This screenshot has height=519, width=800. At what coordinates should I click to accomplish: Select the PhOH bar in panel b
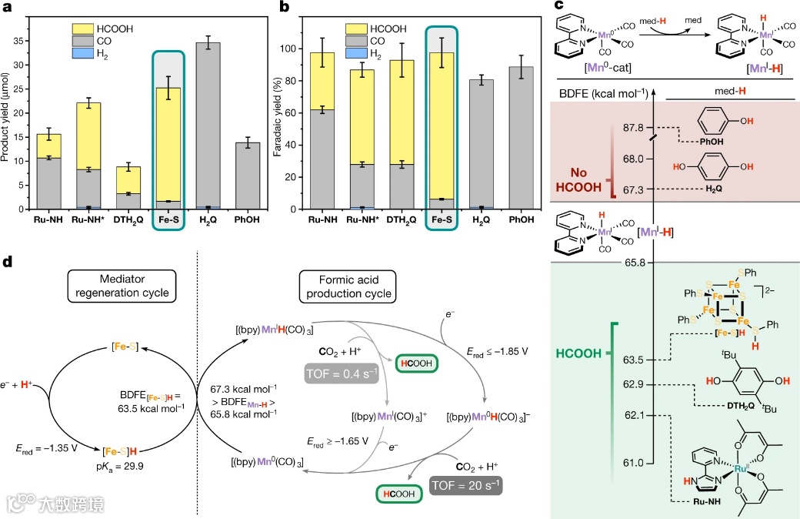(523, 138)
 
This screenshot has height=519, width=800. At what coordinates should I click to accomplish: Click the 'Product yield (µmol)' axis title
(8, 112)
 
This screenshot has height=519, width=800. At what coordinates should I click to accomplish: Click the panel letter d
(8, 262)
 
